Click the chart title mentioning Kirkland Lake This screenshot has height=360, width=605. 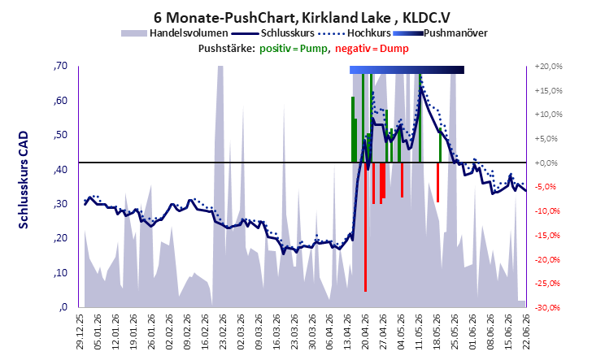302,17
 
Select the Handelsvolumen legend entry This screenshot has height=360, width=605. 174,33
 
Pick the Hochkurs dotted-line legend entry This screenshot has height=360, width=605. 355,33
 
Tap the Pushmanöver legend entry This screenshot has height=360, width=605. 440,33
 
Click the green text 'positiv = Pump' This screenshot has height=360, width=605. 294,49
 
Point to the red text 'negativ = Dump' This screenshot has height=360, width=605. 372,49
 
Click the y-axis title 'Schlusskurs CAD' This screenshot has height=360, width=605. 24,180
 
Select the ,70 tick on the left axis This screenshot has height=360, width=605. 60,66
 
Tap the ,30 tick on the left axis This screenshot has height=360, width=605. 60,204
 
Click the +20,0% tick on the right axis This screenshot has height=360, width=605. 548,67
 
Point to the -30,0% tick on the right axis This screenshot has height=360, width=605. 548,307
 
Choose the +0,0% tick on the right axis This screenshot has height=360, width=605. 546,163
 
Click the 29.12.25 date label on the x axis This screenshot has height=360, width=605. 80,332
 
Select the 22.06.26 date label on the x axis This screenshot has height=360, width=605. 526,332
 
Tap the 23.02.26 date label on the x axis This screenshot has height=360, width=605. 223,332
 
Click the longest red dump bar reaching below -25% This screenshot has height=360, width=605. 365,227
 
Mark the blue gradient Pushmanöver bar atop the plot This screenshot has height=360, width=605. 407,70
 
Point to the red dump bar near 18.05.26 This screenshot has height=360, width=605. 438,182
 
